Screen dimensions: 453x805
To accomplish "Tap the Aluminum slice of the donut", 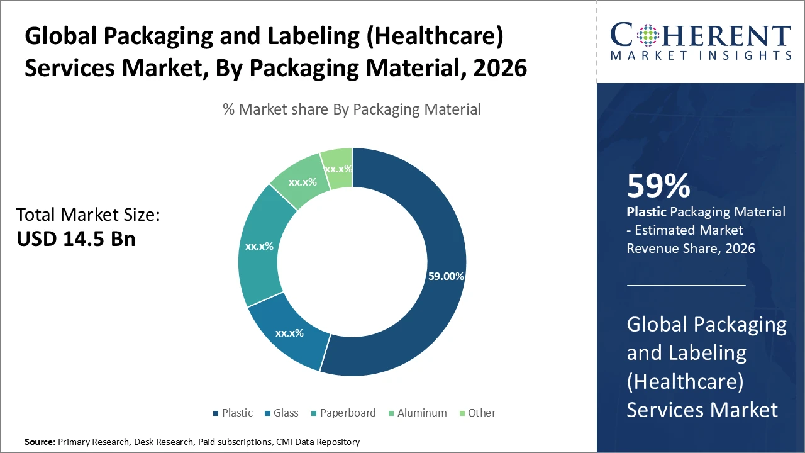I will tap(302, 182).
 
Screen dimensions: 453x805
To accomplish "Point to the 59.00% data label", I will tap(446, 276).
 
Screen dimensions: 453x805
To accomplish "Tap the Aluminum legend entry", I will tap(418, 413).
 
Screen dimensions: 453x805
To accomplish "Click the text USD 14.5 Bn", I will tap(75, 239).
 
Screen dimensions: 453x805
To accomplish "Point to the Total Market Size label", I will tap(88, 215).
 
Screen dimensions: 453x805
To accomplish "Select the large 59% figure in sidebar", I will tap(658, 186).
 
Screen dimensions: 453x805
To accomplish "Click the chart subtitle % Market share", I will tap(352, 109).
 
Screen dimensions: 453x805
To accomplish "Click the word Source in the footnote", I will tap(39, 442).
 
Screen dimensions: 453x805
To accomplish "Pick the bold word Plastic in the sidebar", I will tap(646, 212).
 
